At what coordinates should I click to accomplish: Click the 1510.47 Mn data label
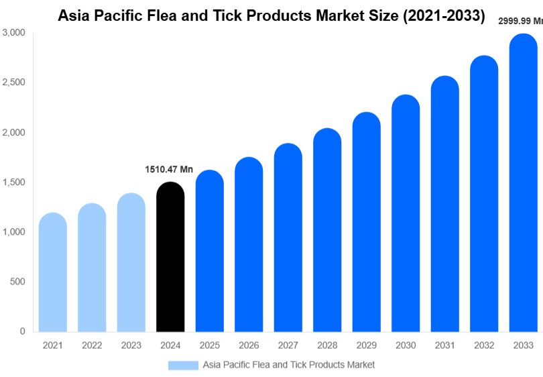(169, 170)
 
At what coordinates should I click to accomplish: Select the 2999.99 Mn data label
(520, 21)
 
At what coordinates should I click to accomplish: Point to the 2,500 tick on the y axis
(13, 83)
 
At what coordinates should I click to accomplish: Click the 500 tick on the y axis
(18, 282)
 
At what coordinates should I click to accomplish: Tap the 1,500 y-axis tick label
(13, 182)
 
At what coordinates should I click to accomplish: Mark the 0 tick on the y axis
(23, 331)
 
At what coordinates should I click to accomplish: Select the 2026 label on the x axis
(249, 345)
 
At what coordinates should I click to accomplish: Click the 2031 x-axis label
(444, 345)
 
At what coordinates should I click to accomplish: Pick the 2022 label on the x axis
(92, 345)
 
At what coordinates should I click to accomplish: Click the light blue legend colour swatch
(183, 365)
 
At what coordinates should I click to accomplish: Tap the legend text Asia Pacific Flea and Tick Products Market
(289, 365)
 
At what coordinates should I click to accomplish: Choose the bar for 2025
(209, 251)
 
